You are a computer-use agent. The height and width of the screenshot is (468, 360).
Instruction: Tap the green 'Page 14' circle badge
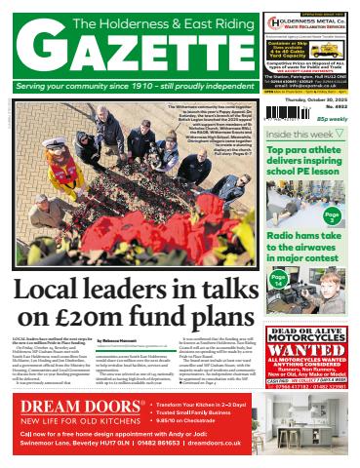pos(278,280)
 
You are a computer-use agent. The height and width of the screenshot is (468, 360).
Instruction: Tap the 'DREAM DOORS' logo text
pos(78,404)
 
